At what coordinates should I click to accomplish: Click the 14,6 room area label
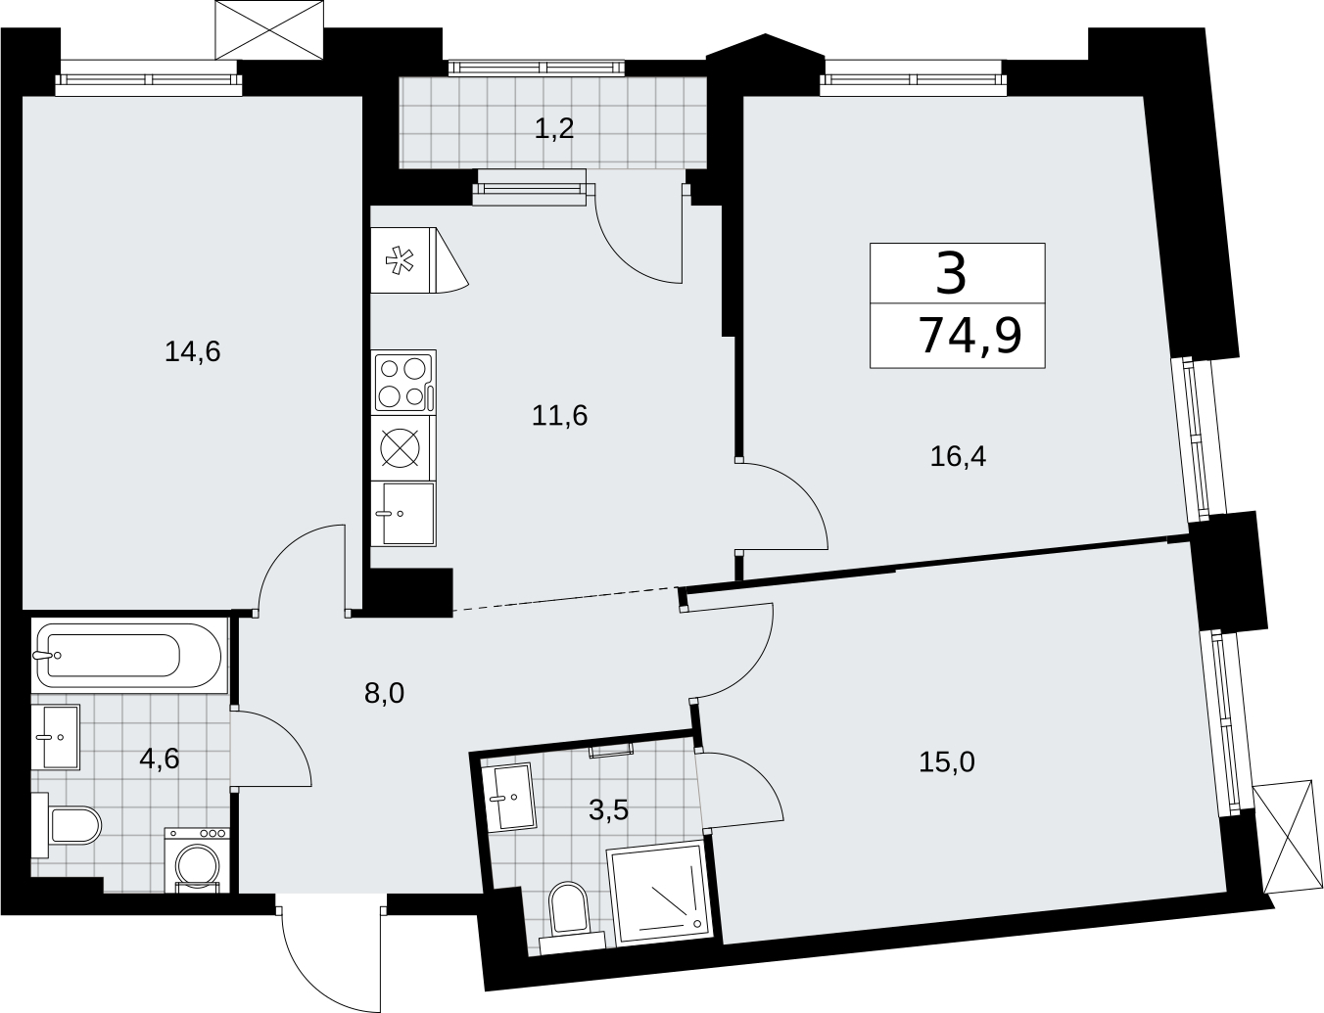(x=193, y=352)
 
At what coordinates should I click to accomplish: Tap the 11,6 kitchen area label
(x=559, y=416)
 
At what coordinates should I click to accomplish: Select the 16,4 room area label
(x=958, y=456)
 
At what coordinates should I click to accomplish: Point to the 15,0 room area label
(x=947, y=761)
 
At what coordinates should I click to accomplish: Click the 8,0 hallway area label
(x=385, y=693)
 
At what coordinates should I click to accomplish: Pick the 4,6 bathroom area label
(x=159, y=759)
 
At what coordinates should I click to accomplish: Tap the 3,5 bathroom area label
(x=608, y=810)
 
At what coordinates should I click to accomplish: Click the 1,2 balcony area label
(x=554, y=128)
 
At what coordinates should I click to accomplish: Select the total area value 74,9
(x=970, y=336)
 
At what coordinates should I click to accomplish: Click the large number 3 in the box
(x=951, y=273)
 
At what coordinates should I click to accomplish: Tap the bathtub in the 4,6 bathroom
(x=128, y=655)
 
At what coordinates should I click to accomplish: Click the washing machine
(x=197, y=859)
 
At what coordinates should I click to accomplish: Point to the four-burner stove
(x=403, y=383)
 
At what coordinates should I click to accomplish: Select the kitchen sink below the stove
(x=408, y=513)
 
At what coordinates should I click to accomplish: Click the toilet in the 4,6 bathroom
(x=67, y=825)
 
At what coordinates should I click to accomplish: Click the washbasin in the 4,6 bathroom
(x=56, y=737)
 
